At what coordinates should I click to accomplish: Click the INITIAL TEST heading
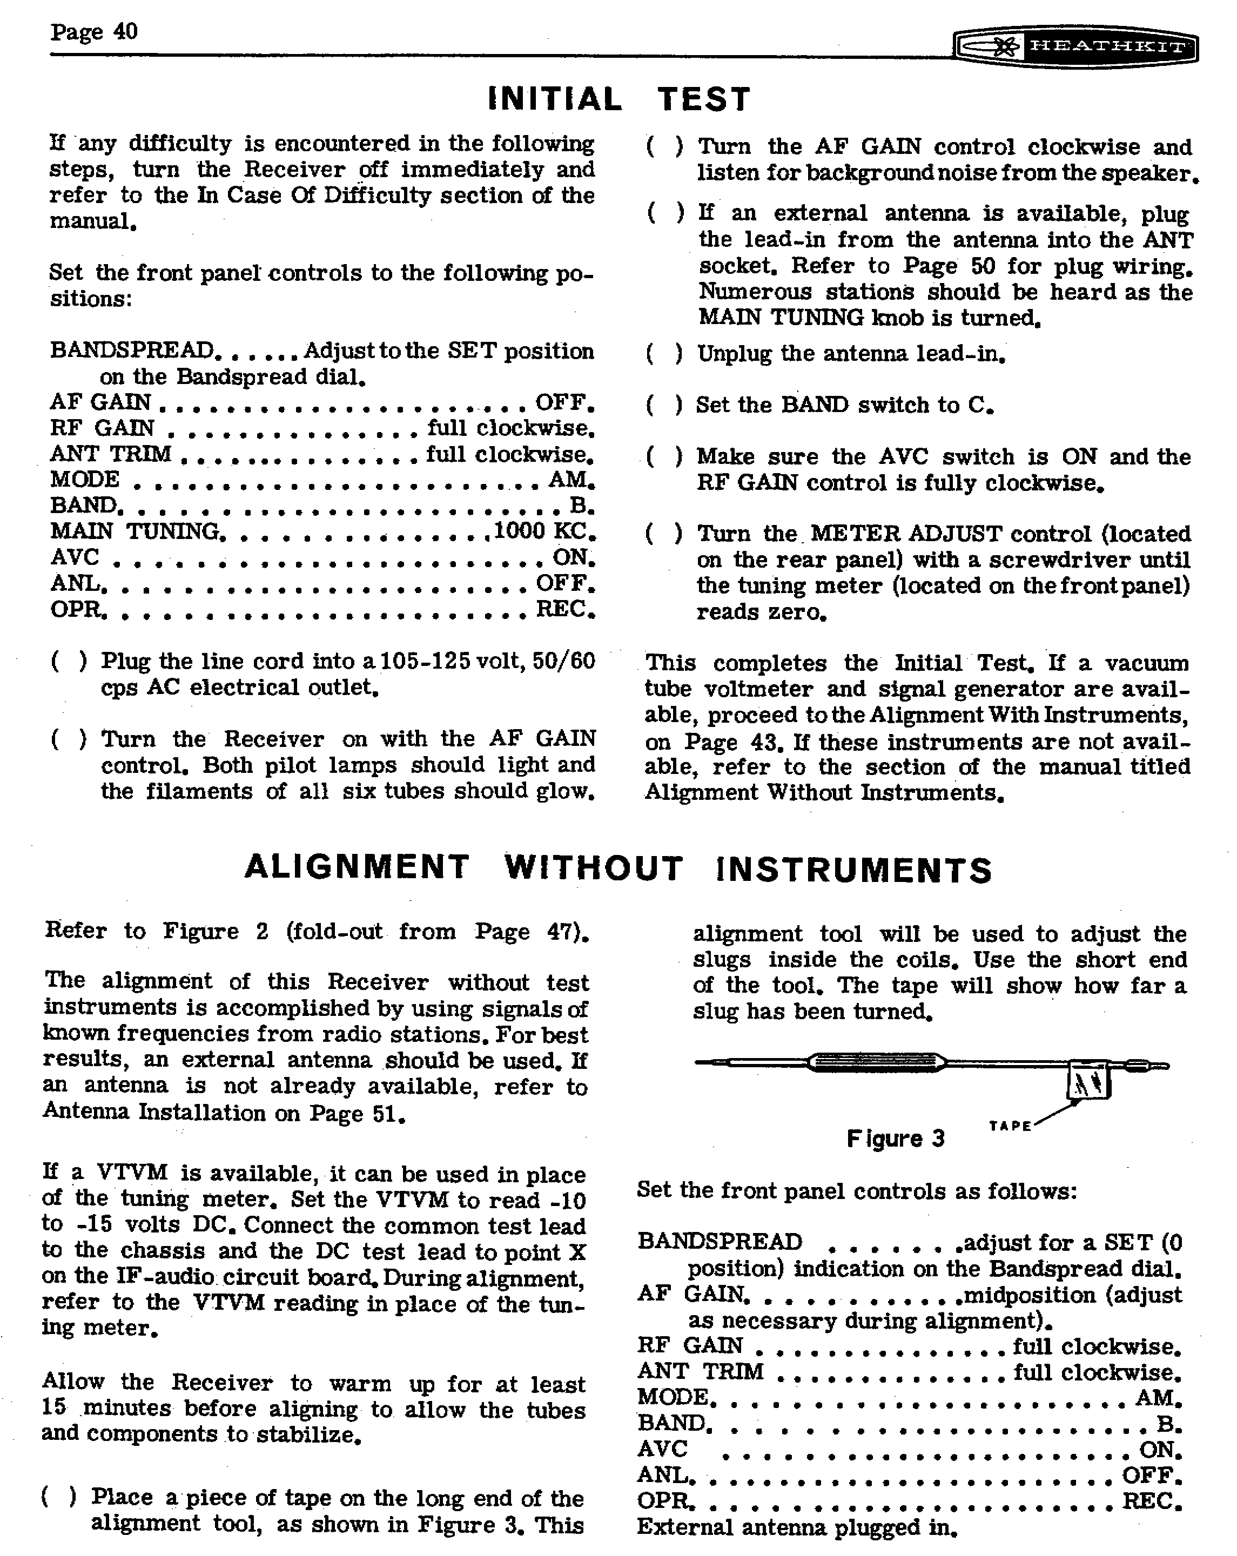pyautogui.click(x=619, y=99)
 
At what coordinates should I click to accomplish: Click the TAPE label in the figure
pyautogui.click(x=1010, y=1126)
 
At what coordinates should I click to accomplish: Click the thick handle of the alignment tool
pyautogui.click(x=876, y=1062)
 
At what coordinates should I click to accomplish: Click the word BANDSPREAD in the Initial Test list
pyautogui.click(x=131, y=351)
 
